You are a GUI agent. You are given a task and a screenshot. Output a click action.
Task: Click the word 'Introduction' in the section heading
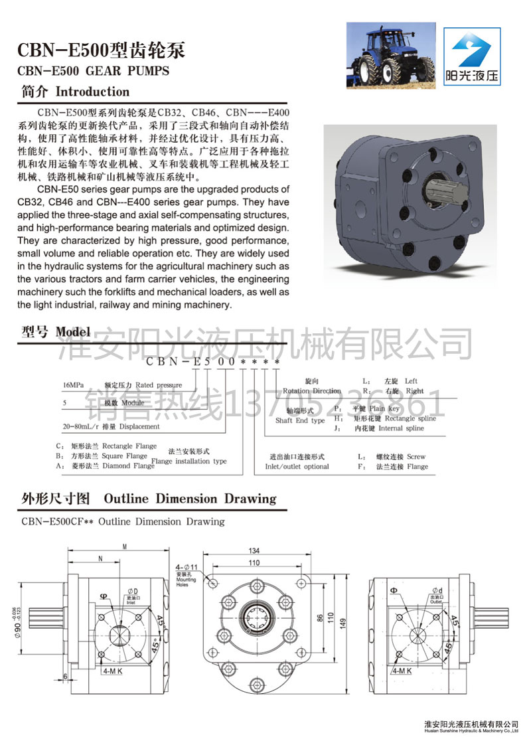click(92, 92)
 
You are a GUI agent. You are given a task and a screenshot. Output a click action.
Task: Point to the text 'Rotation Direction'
click(311, 391)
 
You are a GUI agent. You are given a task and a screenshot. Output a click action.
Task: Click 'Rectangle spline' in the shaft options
click(412, 418)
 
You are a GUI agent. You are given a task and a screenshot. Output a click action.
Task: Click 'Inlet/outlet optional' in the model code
click(297, 466)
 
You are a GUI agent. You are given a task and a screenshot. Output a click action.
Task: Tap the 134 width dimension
click(253, 550)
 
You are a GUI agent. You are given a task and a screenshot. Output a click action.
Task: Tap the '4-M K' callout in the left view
click(108, 671)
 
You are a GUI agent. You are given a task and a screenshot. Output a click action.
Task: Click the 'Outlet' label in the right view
click(436, 602)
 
